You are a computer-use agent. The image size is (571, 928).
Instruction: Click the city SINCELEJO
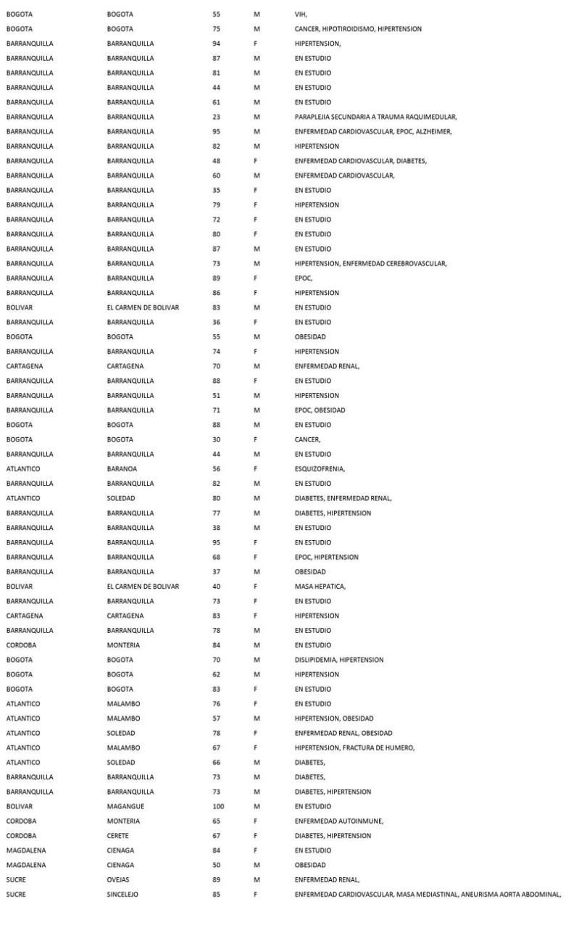pos(122,894)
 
